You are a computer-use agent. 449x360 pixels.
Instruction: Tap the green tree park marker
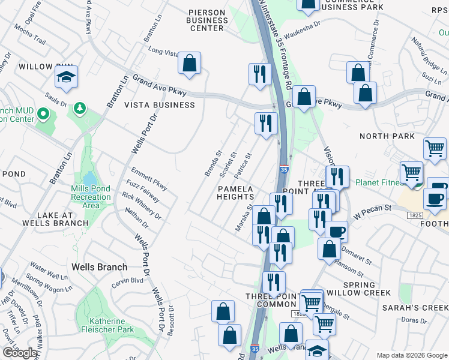point(79,109)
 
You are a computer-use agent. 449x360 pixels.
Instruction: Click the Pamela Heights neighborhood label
point(235,192)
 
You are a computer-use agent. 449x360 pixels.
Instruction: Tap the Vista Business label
point(159,105)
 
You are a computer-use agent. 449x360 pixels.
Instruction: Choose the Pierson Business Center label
point(206,20)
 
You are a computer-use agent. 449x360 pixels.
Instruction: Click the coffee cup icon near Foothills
point(435,199)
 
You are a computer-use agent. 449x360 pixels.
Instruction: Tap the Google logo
point(19,353)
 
